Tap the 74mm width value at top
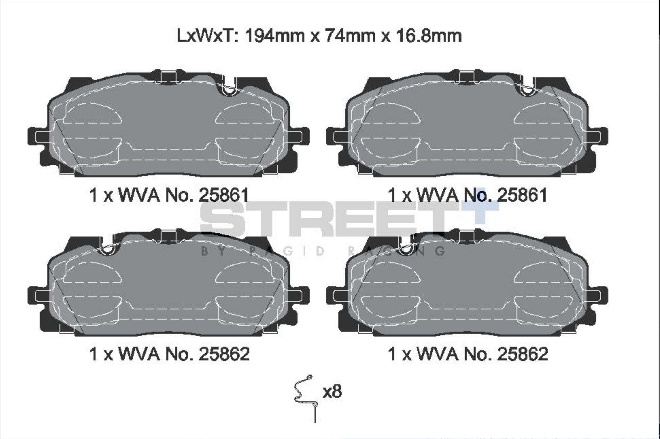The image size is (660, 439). tap(350, 36)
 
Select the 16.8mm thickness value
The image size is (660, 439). tap(427, 36)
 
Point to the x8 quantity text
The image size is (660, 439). tap(332, 391)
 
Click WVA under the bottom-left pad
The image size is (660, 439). tap(139, 354)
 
